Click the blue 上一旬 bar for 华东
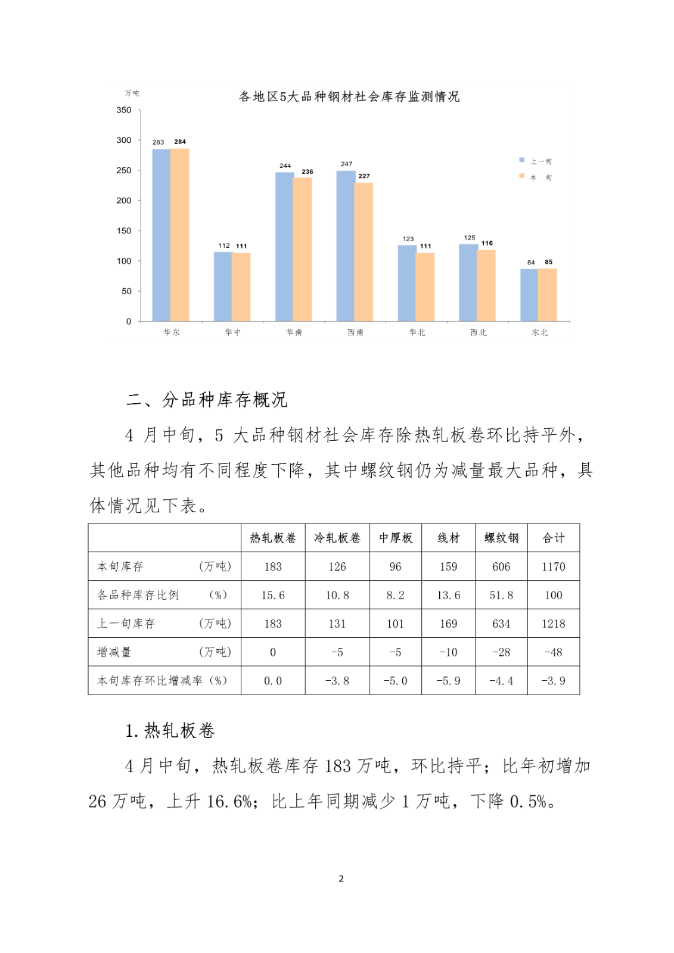tap(161, 235)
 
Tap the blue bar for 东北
tap(529, 295)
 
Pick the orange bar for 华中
tap(241, 286)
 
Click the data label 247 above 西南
tap(346, 164)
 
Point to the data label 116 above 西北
tap(487, 243)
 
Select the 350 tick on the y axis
tap(124, 110)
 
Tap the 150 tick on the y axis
tap(124, 231)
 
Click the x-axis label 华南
tap(294, 332)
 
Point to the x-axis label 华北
tap(417, 332)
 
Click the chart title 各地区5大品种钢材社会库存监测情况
tap(349, 96)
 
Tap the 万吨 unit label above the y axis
tap(132, 93)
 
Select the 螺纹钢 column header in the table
tap(501, 538)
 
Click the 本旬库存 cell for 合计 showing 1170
tap(553, 566)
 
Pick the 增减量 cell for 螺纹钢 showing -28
tap(501, 652)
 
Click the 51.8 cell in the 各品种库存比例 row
tap(501, 595)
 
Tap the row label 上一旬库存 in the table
tap(126, 624)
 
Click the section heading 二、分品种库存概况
tap(206, 400)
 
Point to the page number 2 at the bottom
tap(341, 879)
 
